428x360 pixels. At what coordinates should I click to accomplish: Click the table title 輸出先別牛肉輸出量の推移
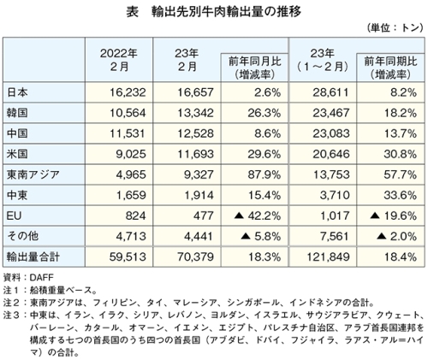coord(226,12)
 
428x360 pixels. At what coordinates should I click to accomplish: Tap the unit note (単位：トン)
coord(395,27)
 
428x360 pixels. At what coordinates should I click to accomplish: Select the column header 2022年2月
coord(119,60)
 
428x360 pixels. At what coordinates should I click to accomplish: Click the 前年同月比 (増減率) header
coord(255,68)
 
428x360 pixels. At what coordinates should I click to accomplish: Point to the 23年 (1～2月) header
coord(323,60)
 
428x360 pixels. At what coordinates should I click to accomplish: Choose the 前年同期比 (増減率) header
coord(390,68)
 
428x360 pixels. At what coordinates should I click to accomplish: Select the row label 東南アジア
coord(33,174)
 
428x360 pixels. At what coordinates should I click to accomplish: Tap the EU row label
coord(14,215)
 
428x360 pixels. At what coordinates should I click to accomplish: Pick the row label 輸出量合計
coord(33,257)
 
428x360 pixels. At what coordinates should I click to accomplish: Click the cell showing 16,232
coord(128,92)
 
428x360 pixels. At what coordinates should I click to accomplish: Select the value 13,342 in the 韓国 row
coord(195,113)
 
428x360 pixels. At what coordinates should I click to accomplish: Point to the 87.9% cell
coord(265,174)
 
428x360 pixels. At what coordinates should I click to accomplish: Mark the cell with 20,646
coord(331,154)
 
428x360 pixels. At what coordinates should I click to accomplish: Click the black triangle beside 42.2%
coord(239,216)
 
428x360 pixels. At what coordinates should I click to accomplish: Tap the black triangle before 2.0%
coord(382,237)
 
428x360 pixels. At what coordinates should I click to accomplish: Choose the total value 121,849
coord(328,257)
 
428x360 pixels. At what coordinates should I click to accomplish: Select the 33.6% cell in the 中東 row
coord(400,195)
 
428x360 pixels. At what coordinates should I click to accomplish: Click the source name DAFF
coord(42,277)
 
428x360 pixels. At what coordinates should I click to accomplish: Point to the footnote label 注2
coord(11,303)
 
